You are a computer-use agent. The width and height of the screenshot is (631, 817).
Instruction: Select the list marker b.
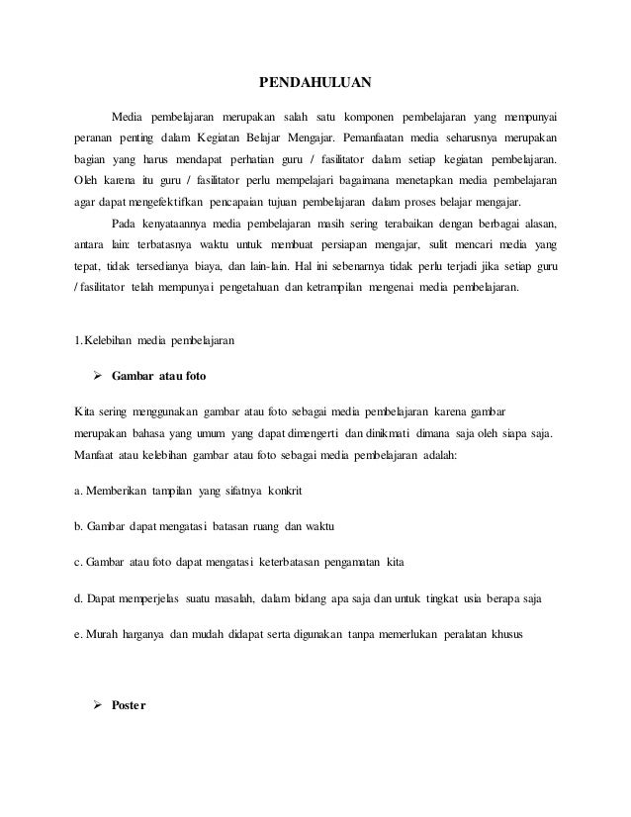click(x=78, y=527)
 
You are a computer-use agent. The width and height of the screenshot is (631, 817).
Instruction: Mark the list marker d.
click(x=78, y=599)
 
